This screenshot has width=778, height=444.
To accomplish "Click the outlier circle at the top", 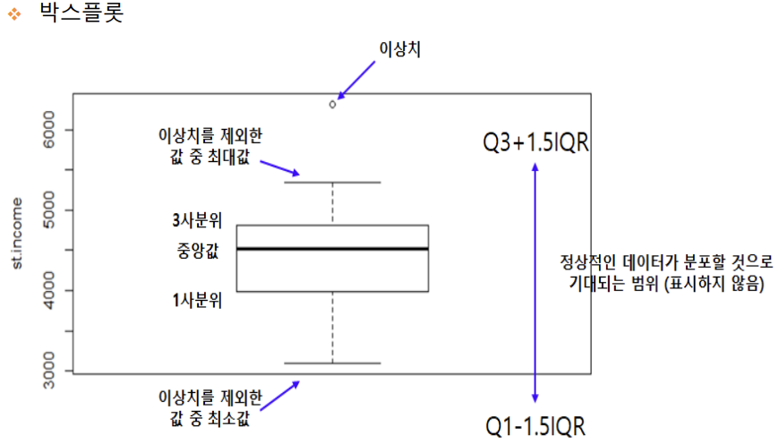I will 333,104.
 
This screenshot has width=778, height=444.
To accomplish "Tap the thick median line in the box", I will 332,249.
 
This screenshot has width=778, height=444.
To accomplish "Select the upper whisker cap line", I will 332,183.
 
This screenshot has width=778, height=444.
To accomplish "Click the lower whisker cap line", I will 332,363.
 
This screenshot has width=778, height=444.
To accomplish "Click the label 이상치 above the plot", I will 400,49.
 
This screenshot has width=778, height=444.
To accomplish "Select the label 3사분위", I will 197,220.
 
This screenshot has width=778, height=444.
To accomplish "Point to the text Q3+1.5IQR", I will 535,142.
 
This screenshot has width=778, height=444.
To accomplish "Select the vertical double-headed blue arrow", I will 535,282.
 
